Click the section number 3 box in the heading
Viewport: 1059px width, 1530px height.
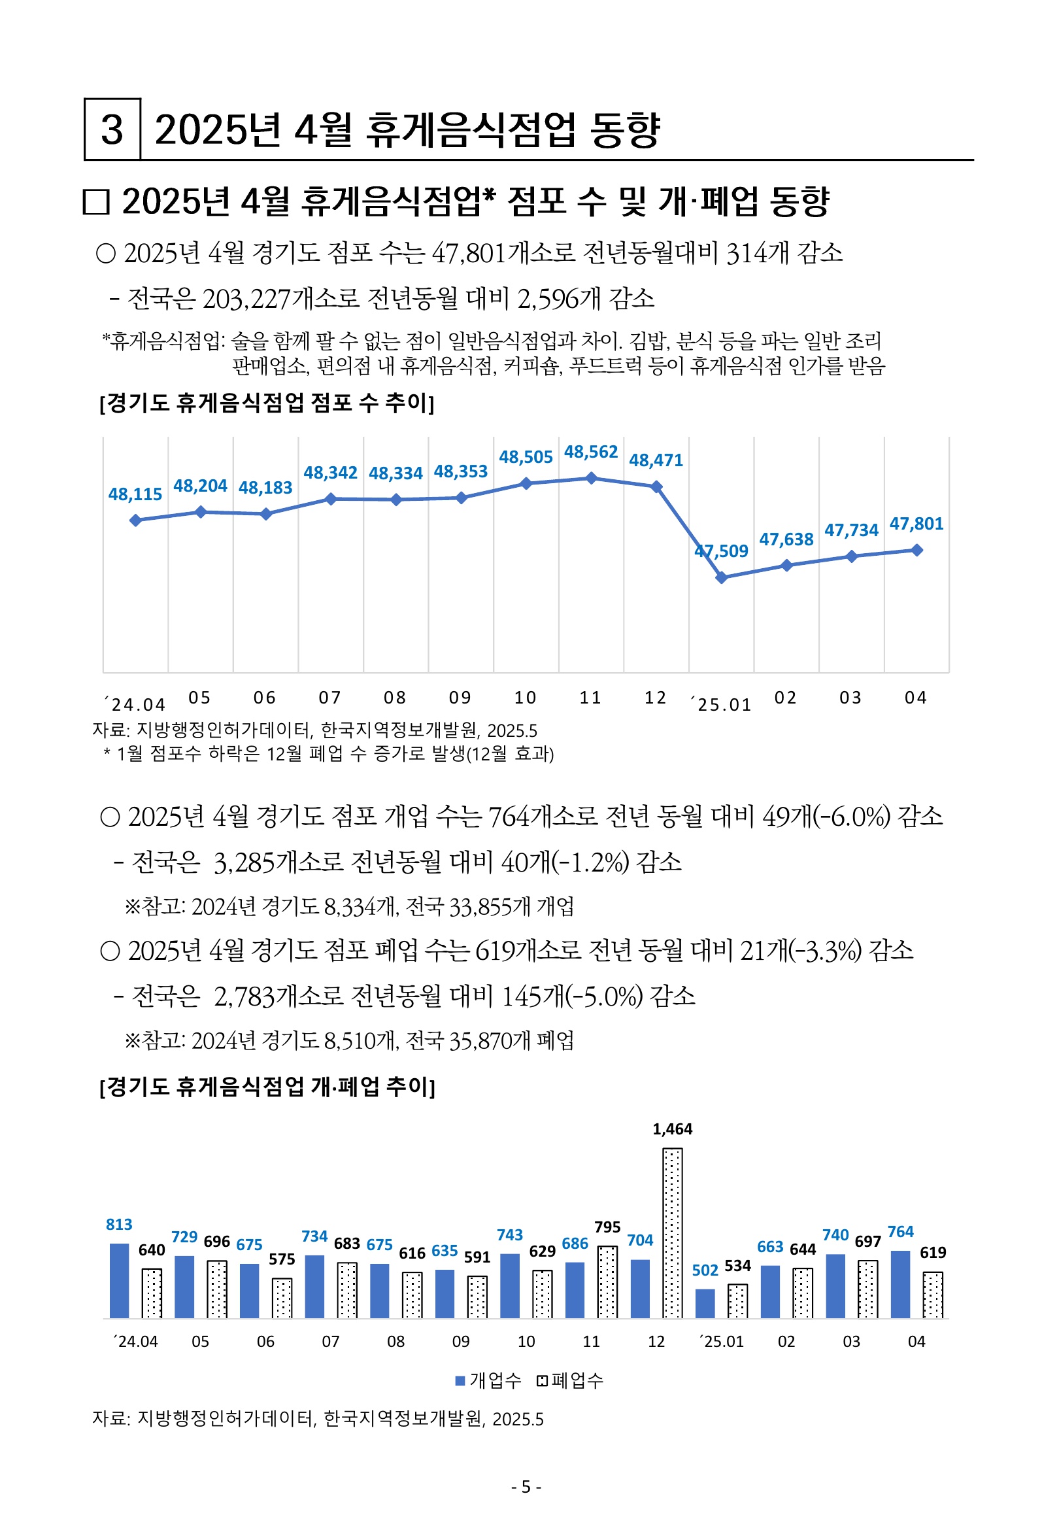click(112, 129)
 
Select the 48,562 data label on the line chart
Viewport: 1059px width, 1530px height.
click(590, 452)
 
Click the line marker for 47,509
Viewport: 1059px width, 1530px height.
click(722, 578)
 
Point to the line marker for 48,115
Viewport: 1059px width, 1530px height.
click(135, 520)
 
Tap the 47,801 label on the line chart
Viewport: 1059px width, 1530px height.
click(916, 524)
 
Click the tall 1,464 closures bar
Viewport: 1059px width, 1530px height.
click(672, 1232)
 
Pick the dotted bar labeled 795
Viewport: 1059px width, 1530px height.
click(607, 1281)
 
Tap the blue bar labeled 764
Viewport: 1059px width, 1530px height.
click(900, 1284)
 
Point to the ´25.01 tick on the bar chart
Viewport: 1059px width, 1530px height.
click(721, 1342)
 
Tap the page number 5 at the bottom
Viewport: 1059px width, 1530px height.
click(526, 1487)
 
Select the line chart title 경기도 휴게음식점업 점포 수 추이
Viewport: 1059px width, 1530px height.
click(266, 403)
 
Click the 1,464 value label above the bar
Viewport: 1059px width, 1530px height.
click(672, 1129)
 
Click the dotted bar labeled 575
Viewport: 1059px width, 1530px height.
click(282, 1297)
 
